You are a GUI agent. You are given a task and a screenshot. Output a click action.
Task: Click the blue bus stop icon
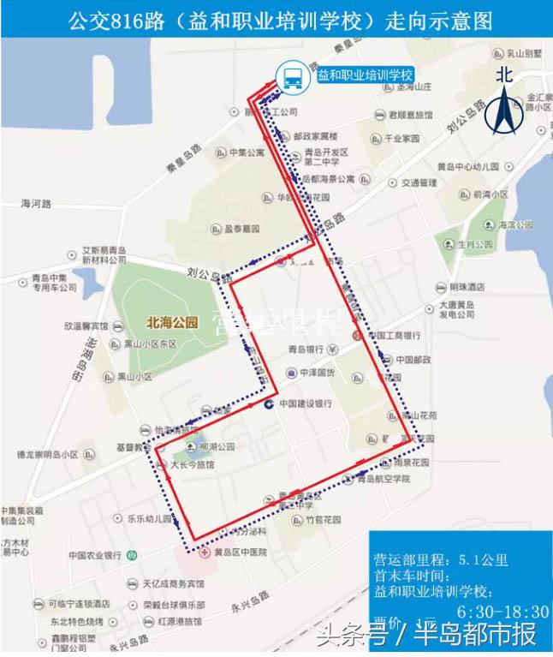(x=289, y=76)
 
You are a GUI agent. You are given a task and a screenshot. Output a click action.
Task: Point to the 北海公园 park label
(x=172, y=323)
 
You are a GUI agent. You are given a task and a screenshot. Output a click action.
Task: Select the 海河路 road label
(x=36, y=204)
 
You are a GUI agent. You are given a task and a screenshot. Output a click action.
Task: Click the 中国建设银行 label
(x=304, y=403)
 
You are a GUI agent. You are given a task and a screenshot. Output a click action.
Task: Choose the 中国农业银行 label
(x=95, y=554)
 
